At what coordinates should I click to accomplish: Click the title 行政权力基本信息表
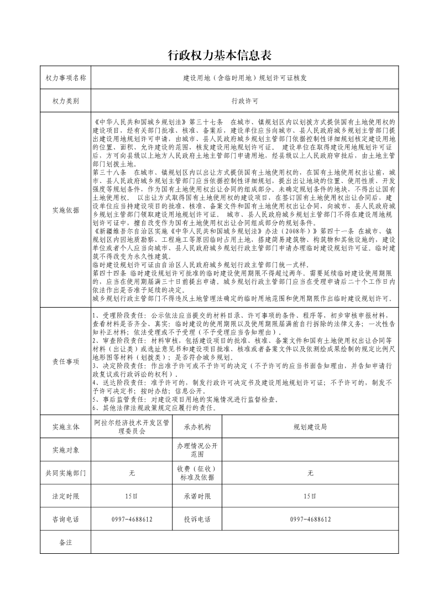219,55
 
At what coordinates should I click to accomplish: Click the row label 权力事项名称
66,79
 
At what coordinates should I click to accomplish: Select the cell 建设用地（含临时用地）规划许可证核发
244,79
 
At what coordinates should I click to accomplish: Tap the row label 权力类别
66,102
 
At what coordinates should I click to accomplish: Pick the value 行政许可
244,102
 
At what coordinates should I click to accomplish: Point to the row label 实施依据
66,210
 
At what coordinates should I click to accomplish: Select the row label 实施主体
66,427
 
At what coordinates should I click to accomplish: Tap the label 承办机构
197,427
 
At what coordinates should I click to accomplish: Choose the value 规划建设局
310,427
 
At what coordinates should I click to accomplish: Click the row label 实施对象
66,450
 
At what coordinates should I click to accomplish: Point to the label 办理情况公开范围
197,450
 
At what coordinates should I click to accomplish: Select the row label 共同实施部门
66,473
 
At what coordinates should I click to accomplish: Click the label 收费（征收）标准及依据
197,473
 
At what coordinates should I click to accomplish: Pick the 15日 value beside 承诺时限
310,496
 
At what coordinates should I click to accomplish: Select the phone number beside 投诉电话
310,520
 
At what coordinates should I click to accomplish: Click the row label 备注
66,543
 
